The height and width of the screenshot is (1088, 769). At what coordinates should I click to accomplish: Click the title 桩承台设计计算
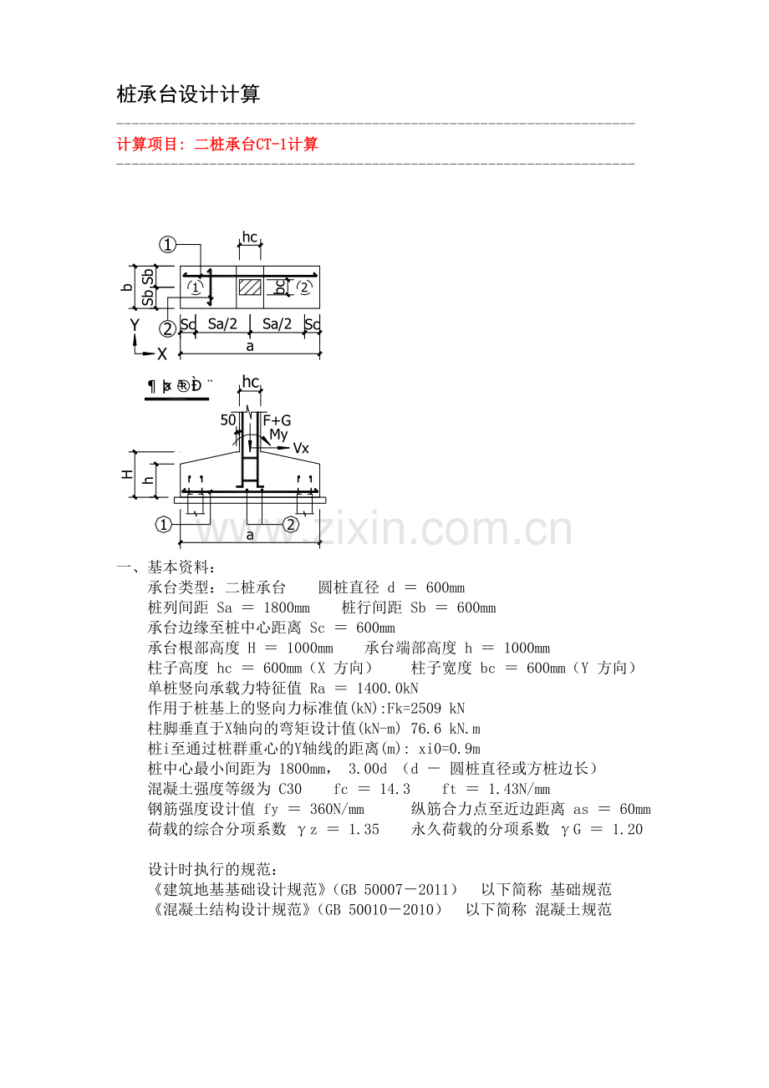(188, 94)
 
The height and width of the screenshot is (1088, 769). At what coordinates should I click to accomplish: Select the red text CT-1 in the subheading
(272, 145)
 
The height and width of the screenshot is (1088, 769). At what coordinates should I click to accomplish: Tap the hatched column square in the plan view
(250, 287)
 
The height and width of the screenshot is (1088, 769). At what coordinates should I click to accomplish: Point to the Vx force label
(301, 448)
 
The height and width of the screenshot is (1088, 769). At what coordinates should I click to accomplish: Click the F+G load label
(277, 420)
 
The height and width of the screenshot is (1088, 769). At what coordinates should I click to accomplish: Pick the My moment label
(279, 435)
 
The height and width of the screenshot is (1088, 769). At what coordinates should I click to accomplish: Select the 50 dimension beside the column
(228, 420)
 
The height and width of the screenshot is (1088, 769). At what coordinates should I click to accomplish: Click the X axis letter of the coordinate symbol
(162, 354)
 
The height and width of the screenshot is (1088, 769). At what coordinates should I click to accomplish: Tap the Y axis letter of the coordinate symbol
(135, 324)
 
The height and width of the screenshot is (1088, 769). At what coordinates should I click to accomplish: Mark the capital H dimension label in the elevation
(127, 474)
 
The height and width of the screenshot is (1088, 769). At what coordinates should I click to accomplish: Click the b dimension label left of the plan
(127, 287)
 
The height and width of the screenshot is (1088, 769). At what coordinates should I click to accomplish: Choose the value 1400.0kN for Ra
(387, 689)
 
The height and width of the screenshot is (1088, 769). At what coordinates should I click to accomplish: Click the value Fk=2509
(415, 709)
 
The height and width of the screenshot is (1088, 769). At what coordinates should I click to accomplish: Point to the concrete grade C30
(290, 789)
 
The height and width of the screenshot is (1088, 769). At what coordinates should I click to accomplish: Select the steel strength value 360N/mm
(337, 809)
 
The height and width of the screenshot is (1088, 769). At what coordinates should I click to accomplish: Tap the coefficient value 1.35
(364, 829)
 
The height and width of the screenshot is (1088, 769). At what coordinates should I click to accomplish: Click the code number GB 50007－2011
(395, 890)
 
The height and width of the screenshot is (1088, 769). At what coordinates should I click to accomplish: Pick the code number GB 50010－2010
(379, 910)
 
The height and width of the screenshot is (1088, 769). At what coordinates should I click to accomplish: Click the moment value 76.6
(426, 729)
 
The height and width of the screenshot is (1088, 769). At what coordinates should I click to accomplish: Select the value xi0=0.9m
(450, 749)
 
